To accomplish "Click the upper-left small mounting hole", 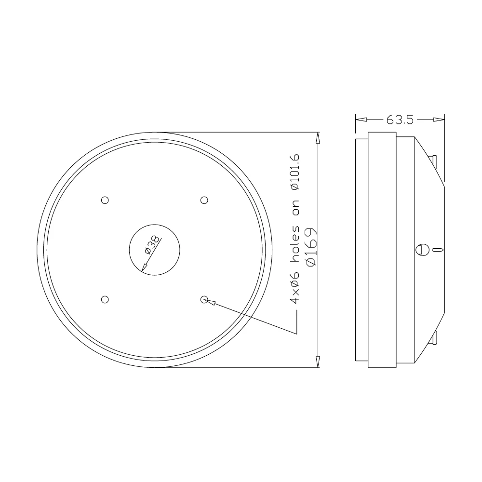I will coord(105,200).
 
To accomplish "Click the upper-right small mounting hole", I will coord(204,200).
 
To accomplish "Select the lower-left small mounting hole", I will coord(105,299).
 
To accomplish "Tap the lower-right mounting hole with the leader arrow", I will coord(204,299).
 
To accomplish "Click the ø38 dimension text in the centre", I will coord(151,246).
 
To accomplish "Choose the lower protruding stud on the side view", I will coord(434,339).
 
